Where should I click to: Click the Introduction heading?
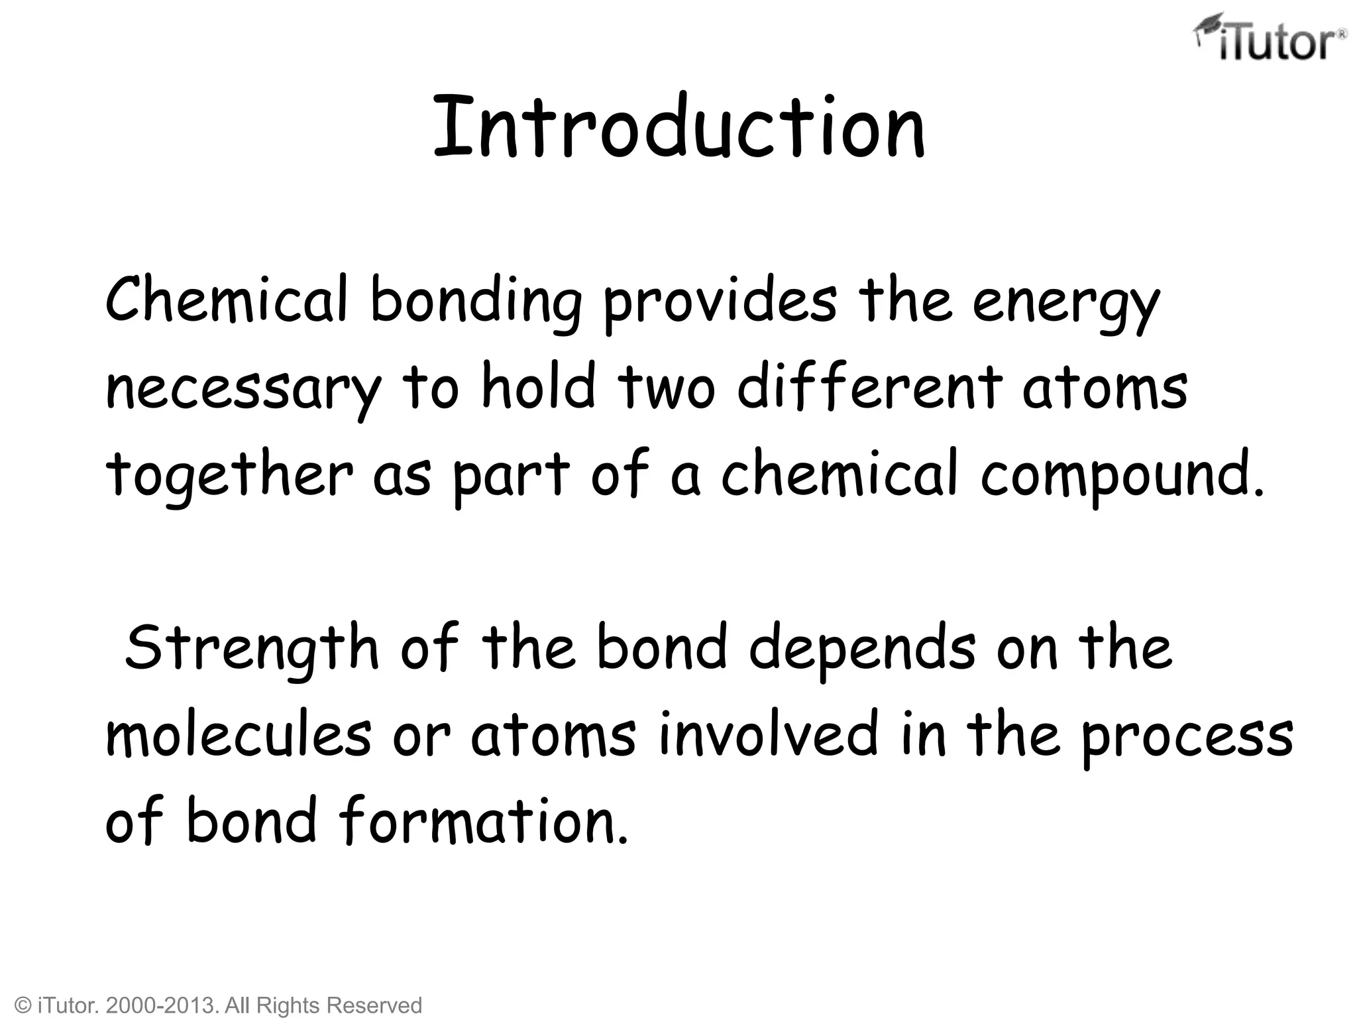(678, 127)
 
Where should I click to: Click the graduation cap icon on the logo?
(1207, 28)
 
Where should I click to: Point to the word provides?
(720, 302)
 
